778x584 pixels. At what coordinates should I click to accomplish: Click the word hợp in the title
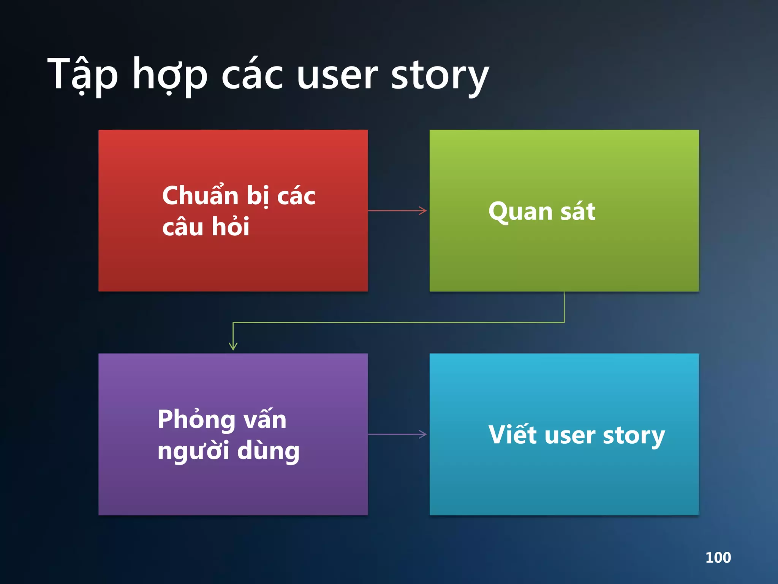[170, 76]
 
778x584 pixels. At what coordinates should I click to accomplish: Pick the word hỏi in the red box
[230, 227]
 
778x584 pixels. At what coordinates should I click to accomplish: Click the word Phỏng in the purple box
[196, 420]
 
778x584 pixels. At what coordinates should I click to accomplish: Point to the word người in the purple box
[193, 451]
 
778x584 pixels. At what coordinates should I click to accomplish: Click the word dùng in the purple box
[268, 451]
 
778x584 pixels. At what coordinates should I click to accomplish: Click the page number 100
[718, 557]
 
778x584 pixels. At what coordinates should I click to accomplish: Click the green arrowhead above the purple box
[233, 346]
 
